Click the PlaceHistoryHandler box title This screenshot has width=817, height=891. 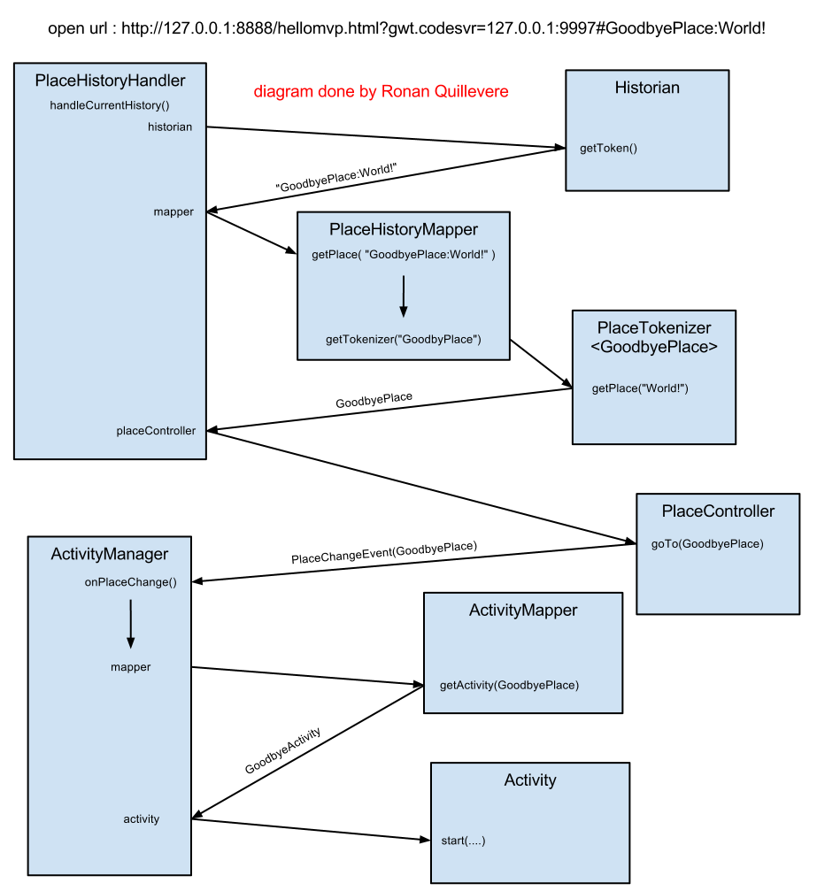[110, 81]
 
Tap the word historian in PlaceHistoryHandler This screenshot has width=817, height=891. [170, 127]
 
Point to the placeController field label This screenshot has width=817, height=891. [156, 432]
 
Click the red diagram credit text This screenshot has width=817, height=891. [381, 92]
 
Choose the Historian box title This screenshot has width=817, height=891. [647, 88]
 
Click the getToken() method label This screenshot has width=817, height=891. [608, 149]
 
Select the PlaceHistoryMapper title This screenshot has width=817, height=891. [404, 230]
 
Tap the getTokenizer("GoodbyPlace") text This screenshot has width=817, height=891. [404, 340]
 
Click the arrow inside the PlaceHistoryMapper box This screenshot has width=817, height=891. [404, 296]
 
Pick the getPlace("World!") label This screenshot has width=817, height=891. [640, 389]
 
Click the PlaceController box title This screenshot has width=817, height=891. [718, 511]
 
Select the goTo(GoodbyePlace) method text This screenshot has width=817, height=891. [707, 544]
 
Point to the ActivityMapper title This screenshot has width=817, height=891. [523, 611]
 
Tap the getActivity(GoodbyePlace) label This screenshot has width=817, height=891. [509, 686]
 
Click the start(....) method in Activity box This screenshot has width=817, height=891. [463, 841]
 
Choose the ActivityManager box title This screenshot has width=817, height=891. [110, 555]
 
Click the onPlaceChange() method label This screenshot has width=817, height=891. [131, 583]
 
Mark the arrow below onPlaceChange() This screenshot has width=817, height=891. [131, 624]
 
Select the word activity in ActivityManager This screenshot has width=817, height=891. [142, 819]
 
